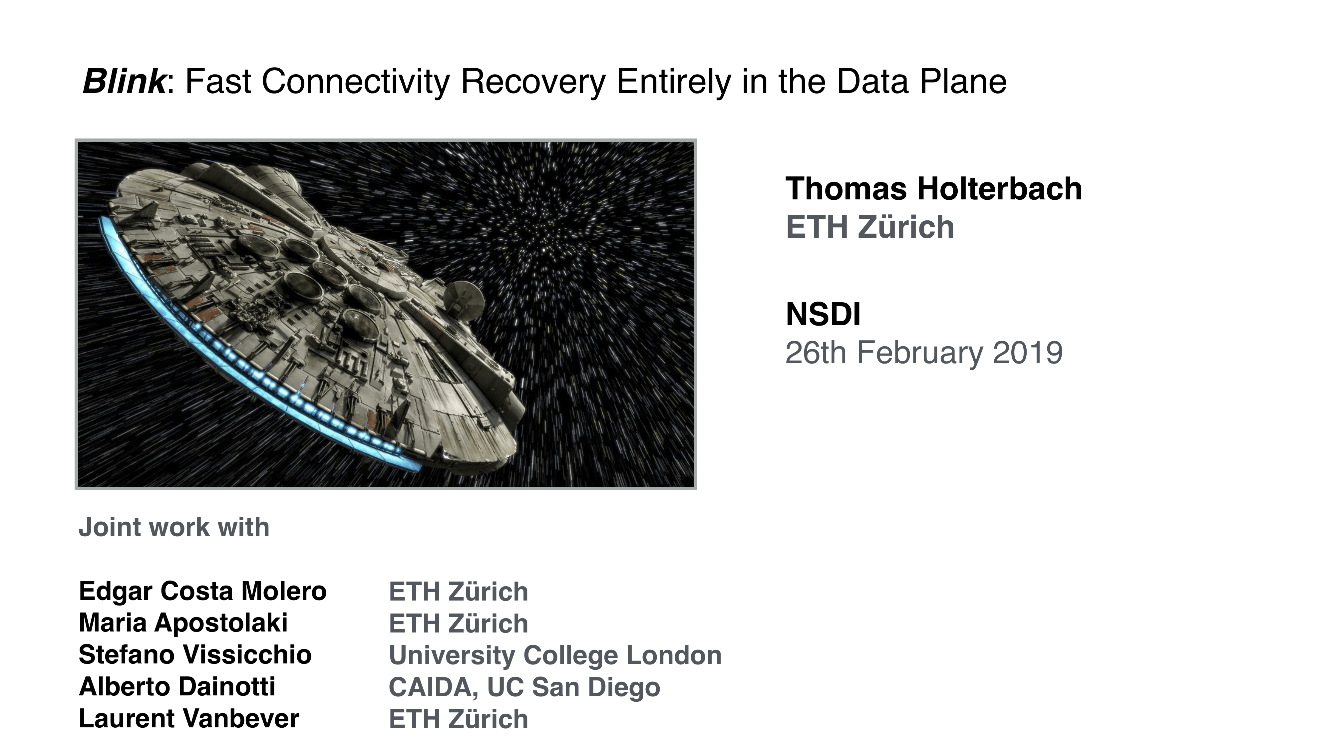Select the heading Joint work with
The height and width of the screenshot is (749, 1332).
174,527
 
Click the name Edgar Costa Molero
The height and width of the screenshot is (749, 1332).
203,591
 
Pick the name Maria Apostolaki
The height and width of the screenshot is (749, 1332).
183,623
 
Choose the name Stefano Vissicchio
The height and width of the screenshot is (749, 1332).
195,654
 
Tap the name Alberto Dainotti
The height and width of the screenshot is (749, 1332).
177,686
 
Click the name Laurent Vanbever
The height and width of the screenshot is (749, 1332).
189,718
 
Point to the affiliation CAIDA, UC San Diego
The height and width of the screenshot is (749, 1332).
524,687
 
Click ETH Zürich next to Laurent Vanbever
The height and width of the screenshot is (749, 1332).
458,719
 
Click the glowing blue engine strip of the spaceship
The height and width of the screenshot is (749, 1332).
248,357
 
